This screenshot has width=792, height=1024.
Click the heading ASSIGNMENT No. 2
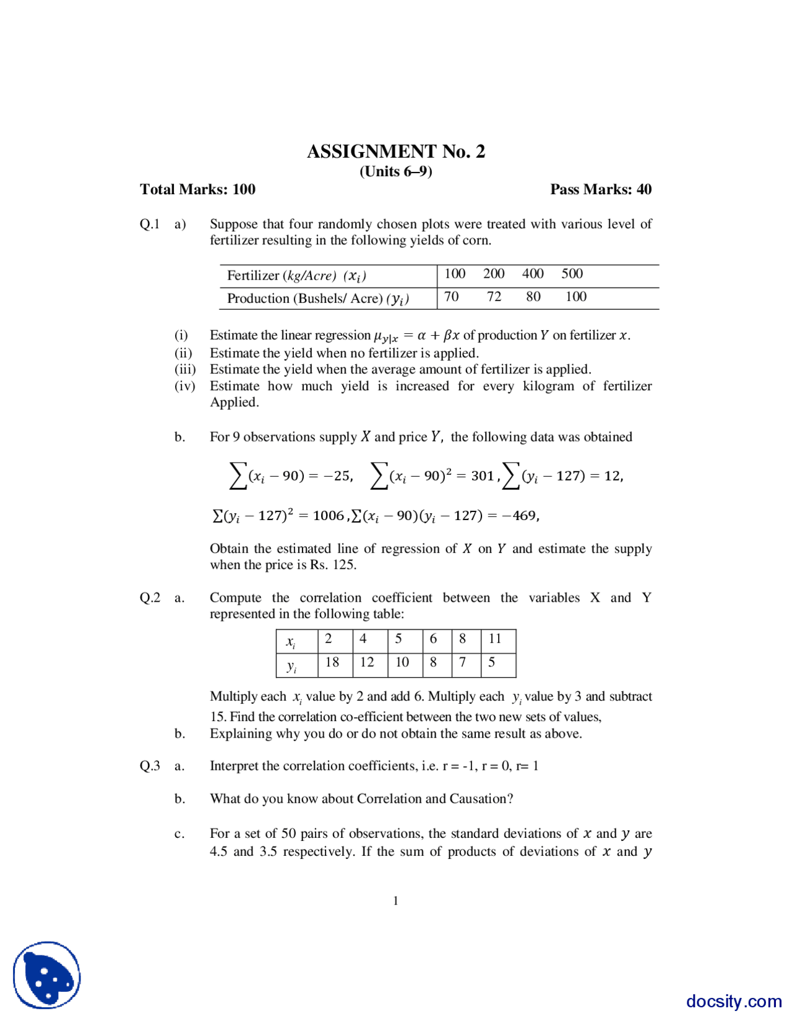[396, 151]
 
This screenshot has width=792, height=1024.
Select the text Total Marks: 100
[197, 189]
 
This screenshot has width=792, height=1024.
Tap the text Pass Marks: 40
[601, 189]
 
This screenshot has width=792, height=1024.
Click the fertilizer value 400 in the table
[532, 273]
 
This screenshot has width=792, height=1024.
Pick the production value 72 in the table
[494, 297]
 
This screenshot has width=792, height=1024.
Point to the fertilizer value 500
[572, 273]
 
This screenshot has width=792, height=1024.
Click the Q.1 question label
[150, 224]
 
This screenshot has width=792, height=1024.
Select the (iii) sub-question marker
[184, 369]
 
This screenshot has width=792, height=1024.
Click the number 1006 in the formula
[328, 515]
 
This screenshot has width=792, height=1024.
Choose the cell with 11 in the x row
[495, 639]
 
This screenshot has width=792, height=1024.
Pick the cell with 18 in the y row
[332, 662]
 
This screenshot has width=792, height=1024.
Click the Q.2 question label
[150, 597]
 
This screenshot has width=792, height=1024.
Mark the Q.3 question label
[150, 766]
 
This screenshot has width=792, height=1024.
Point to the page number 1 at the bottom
[396, 901]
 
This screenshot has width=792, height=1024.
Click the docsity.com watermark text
[734, 1001]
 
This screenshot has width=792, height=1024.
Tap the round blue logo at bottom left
[47, 975]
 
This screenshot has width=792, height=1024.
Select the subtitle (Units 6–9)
[396, 171]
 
